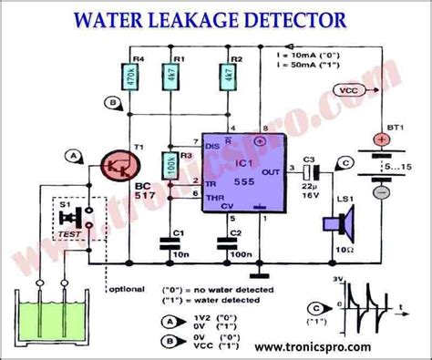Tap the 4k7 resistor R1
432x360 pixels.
pyautogui.click(x=170, y=77)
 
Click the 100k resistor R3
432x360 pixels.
pyautogui.click(x=170, y=166)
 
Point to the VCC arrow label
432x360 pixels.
pyautogui.click(x=347, y=91)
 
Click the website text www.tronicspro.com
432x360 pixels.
pyautogui.click(x=313, y=347)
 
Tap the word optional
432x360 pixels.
pyautogui.click(x=127, y=289)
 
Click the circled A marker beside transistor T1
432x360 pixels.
pyautogui.click(x=71, y=156)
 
